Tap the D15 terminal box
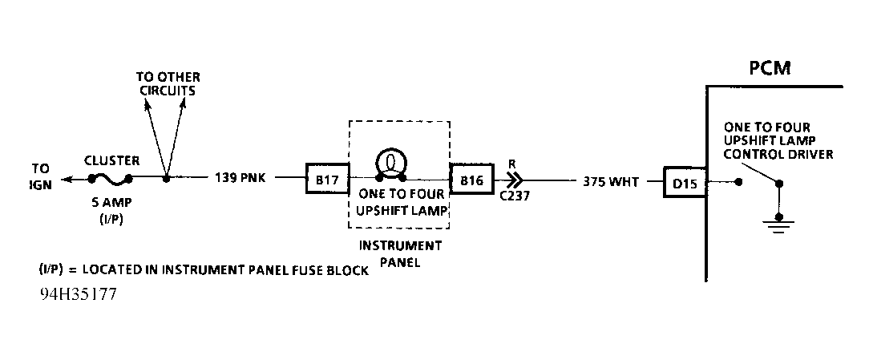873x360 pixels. [x=684, y=183]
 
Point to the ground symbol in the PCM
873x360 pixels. [x=778, y=221]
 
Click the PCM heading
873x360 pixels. [x=770, y=67]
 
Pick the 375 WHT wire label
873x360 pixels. [x=612, y=183]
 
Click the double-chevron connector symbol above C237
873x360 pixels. [x=515, y=180]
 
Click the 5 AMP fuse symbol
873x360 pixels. [x=111, y=178]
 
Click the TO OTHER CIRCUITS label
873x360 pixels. [x=168, y=83]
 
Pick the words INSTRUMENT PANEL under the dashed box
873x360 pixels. [x=400, y=253]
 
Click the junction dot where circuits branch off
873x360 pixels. [x=166, y=178]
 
